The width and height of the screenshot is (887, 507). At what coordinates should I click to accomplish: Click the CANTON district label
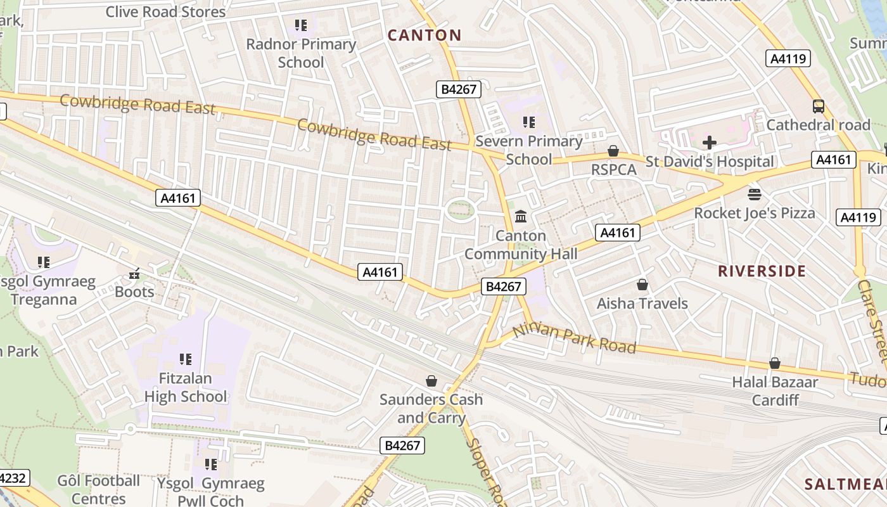(x=424, y=35)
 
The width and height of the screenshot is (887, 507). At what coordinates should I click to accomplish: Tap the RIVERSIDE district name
(x=762, y=271)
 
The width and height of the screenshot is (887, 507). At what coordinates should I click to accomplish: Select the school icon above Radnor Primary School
(x=301, y=25)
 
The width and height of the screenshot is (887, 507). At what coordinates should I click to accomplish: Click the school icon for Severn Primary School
(x=528, y=122)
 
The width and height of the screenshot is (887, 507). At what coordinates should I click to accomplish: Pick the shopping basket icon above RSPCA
(x=613, y=151)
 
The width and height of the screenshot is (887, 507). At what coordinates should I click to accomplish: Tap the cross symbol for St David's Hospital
(x=710, y=143)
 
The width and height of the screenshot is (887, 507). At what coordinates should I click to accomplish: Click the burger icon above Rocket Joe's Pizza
(x=754, y=194)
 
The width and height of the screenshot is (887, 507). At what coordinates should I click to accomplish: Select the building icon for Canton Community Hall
(x=521, y=217)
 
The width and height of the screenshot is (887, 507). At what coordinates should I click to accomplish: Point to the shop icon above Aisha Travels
(x=642, y=285)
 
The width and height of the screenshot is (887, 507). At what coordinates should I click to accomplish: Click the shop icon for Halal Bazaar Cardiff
(x=774, y=363)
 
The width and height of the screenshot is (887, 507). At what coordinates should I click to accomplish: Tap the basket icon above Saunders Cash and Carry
(x=431, y=381)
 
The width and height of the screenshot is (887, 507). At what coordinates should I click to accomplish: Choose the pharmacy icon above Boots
(x=134, y=273)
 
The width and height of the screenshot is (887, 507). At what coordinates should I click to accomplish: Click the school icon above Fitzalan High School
(x=185, y=359)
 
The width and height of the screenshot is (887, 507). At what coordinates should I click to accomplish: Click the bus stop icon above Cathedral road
(x=818, y=106)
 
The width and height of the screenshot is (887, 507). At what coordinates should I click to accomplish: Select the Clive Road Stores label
(x=165, y=11)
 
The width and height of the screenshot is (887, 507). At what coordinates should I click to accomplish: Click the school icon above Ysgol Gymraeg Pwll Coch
(x=211, y=465)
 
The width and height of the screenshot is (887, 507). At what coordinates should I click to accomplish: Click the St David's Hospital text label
(x=710, y=162)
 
